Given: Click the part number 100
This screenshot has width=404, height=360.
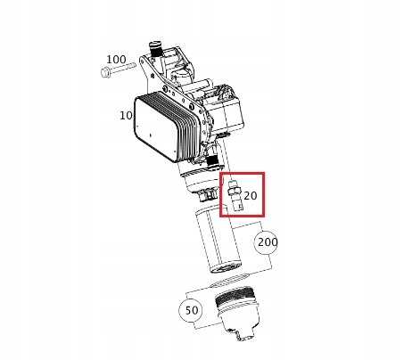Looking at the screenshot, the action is [x=116, y=60].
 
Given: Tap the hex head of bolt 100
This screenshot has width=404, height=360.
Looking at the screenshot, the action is [x=105, y=72].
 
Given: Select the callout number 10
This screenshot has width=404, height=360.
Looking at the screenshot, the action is [x=126, y=116].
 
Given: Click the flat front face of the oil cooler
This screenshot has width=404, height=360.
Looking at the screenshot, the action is [x=155, y=127].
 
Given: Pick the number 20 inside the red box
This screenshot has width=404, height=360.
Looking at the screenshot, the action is [x=251, y=196].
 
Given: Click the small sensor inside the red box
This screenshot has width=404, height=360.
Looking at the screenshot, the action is [x=235, y=195].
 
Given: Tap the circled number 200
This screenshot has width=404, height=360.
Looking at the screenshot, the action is [x=268, y=242].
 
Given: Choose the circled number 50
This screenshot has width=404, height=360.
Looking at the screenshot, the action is [x=191, y=310].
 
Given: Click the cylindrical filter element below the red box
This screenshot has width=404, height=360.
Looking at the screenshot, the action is [x=218, y=240].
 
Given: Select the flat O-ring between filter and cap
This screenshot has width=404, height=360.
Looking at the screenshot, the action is [x=229, y=280].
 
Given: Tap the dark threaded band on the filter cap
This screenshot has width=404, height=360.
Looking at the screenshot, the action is [x=234, y=297].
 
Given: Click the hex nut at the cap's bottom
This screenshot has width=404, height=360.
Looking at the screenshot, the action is [x=245, y=336].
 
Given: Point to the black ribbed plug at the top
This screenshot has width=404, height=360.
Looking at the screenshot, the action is [x=155, y=49].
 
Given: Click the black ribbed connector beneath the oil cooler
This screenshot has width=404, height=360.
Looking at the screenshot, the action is [x=212, y=160].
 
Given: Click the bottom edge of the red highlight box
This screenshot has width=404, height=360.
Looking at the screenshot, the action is [x=242, y=216].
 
